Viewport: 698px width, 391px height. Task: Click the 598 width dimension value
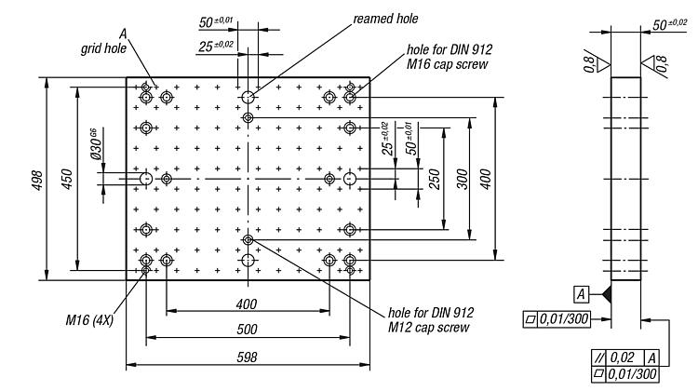point(247,357)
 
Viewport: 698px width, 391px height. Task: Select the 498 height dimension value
point(37,181)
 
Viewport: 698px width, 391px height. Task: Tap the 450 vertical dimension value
point(67,179)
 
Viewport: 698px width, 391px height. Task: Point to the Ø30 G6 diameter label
point(96,144)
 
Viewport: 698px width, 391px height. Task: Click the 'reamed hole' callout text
point(385,19)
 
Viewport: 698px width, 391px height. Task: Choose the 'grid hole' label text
point(103,48)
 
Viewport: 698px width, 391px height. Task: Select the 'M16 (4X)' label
point(89,319)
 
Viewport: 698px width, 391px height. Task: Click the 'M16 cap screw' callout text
point(447,64)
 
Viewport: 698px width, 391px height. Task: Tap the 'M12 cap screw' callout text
point(428,328)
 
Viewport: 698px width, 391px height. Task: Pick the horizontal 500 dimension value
point(247,330)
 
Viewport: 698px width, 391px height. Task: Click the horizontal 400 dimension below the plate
point(247,304)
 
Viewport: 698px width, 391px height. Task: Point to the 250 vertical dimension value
point(434,179)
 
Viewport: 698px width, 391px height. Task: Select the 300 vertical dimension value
point(462,179)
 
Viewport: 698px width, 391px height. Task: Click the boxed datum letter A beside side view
point(581,294)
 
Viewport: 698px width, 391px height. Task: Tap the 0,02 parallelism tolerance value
point(622,357)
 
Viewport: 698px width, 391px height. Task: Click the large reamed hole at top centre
point(248,97)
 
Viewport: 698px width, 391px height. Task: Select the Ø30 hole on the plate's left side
point(146,179)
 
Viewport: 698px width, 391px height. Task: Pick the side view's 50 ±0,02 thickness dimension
point(669,24)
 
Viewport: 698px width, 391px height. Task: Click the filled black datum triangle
point(606,294)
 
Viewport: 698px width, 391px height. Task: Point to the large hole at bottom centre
point(248,260)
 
